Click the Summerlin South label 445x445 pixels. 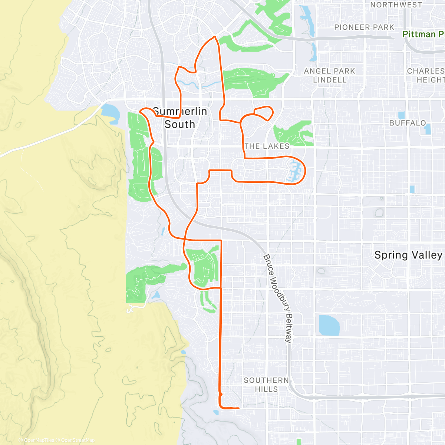click(x=180, y=118)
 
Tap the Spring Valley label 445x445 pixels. click(x=408, y=255)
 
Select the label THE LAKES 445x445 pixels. click(x=267, y=146)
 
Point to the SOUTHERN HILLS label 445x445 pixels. click(x=266, y=385)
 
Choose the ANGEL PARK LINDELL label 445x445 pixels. click(x=329, y=75)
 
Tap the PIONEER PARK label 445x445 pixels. click(x=364, y=27)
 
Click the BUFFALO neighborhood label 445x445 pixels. click(x=408, y=123)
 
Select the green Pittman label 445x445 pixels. click(x=423, y=34)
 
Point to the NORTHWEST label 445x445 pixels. click(x=396, y=5)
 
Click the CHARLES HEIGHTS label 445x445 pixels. click(x=426, y=75)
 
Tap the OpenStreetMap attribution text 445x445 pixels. click(x=78, y=440)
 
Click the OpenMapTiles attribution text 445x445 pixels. click(x=39, y=440)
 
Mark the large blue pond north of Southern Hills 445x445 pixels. click(x=329, y=325)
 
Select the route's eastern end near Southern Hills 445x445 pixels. click(x=238, y=408)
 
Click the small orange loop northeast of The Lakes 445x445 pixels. click(x=264, y=113)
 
